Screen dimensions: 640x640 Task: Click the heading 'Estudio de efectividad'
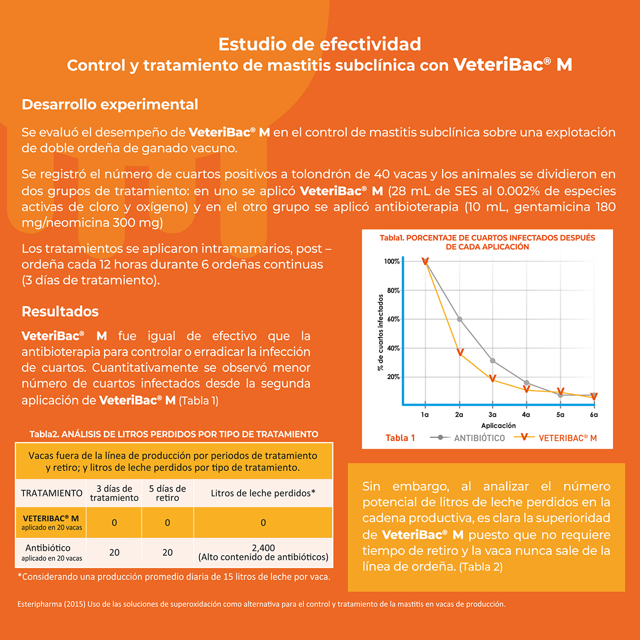(319, 44)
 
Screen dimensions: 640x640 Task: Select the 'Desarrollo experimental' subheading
(110, 105)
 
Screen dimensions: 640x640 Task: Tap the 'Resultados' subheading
(60, 311)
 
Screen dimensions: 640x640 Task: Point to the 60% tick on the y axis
(393, 319)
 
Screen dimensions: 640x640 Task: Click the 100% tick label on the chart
(392, 261)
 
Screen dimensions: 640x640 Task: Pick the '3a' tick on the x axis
(492, 414)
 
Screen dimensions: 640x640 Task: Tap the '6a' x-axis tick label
(594, 414)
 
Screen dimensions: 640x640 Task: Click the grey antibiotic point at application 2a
(460, 319)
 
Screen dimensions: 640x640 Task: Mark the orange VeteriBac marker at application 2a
(460, 353)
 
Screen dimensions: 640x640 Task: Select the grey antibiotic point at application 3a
(493, 361)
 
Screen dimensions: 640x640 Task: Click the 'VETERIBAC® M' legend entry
(567, 438)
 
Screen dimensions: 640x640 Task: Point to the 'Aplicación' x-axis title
(499, 426)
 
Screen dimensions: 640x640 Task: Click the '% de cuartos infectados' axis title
(381, 332)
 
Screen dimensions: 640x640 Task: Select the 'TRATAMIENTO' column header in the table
(52, 493)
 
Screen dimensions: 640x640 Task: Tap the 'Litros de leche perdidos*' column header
(263, 493)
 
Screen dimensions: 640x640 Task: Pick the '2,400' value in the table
(263, 548)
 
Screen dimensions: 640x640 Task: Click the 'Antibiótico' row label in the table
(48, 548)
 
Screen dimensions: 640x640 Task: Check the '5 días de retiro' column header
(167, 493)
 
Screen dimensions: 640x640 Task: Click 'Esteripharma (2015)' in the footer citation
(51, 604)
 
